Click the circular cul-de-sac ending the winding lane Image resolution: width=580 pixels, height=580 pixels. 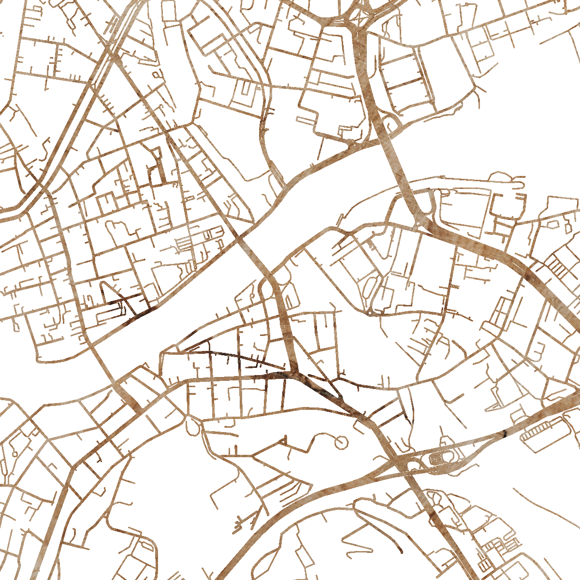[341, 442]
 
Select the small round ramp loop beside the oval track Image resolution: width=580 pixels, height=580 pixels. [414, 464]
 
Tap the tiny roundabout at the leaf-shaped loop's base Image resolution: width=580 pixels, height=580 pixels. [370, 313]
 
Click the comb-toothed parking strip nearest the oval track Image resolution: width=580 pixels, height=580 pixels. [539, 433]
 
